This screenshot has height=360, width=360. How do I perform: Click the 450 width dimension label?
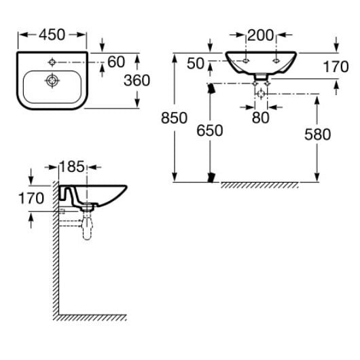pyautogui.click(x=52, y=35)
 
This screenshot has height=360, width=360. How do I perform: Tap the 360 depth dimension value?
pyautogui.click(x=137, y=80)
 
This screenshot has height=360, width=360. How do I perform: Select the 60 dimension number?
pyautogui.click(x=116, y=62)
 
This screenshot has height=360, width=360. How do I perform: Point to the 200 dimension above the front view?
pyautogui.click(x=261, y=35)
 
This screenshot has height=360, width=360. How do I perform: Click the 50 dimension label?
pyautogui.click(x=196, y=63)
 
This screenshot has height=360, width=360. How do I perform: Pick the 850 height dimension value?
pyautogui.click(x=175, y=118)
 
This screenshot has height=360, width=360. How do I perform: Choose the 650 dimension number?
pyautogui.click(x=210, y=130)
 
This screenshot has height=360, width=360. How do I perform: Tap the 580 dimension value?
pyautogui.click(x=317, y=134)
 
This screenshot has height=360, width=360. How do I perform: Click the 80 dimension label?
pyautogui.click(x=261, y=118)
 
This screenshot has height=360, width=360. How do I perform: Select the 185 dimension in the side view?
pyautogui.click(x=72, y=166)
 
